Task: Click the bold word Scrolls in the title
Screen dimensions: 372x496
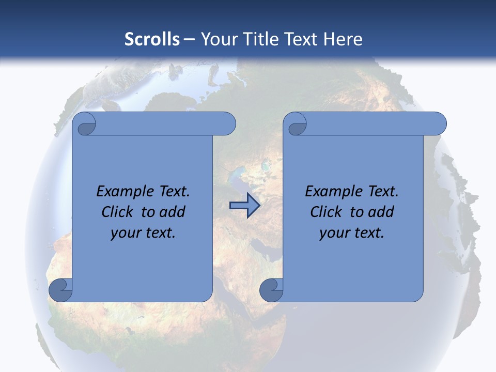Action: tap(152, 39)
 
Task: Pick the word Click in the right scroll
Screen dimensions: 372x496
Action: tap(326, 212)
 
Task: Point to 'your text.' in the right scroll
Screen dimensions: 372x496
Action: tap(352, 233)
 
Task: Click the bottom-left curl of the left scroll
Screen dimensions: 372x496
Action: tap(60, 289)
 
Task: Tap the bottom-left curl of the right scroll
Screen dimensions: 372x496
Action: tap(271, 289)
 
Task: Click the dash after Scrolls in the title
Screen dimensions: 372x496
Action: tap(189, 39)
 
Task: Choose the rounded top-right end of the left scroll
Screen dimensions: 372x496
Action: tap(227, 123)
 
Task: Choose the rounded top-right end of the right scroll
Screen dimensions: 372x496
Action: tap(438, 123)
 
